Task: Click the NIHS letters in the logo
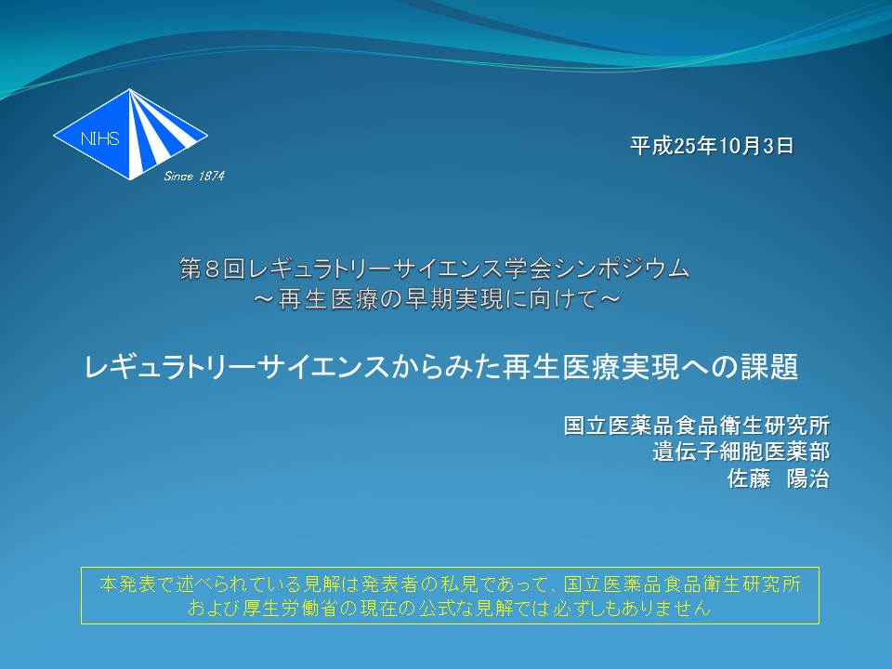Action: tap(100, 138)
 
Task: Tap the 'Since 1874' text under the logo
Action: tap(194, 176)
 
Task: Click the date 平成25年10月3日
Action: tap(712, 146)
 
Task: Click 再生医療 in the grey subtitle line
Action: tap(327, 299)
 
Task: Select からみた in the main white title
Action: tap(443, 367)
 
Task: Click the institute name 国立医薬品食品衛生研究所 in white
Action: tap(696, 426)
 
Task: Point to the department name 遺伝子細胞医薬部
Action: tap(741, 453)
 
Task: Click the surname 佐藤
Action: tap(749, 479)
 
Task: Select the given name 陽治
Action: tap(807, 479)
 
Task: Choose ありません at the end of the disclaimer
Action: tap(666, 608)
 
